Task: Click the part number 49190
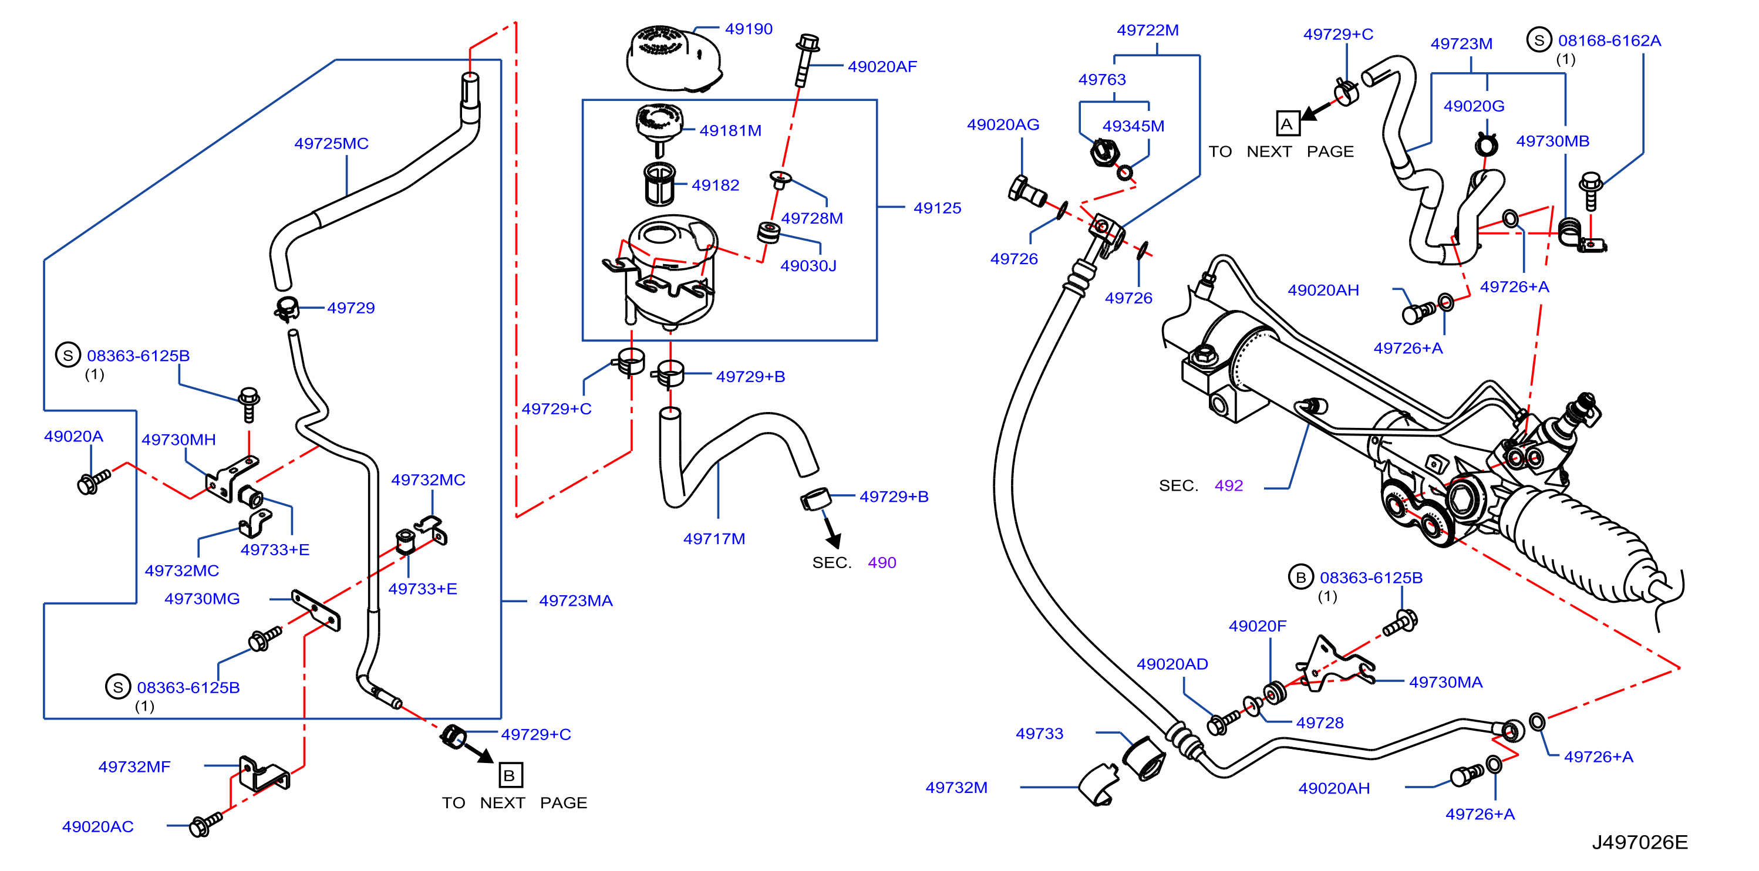click(x=749, y=29)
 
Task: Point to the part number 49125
click(x=937, y=208)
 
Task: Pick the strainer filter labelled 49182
click(x=660, y=184)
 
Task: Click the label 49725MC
click(x=331, y=143)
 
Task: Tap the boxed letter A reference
click(x=1287, y=124)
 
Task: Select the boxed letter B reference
click(x=510, y=775)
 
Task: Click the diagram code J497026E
click(x=1639, y=842)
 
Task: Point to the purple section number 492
click(x=1228, y=485)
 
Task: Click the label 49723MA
click(x=575, y=600)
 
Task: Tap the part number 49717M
click(x=715, y=539)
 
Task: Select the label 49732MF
click(x=134, y=767)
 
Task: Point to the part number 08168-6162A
click(x=1609, y=40)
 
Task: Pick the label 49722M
click(x=1147, y=30)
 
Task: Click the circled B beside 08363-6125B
click(x=1300, y=578)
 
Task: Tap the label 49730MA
click(x=1445, y=682)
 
